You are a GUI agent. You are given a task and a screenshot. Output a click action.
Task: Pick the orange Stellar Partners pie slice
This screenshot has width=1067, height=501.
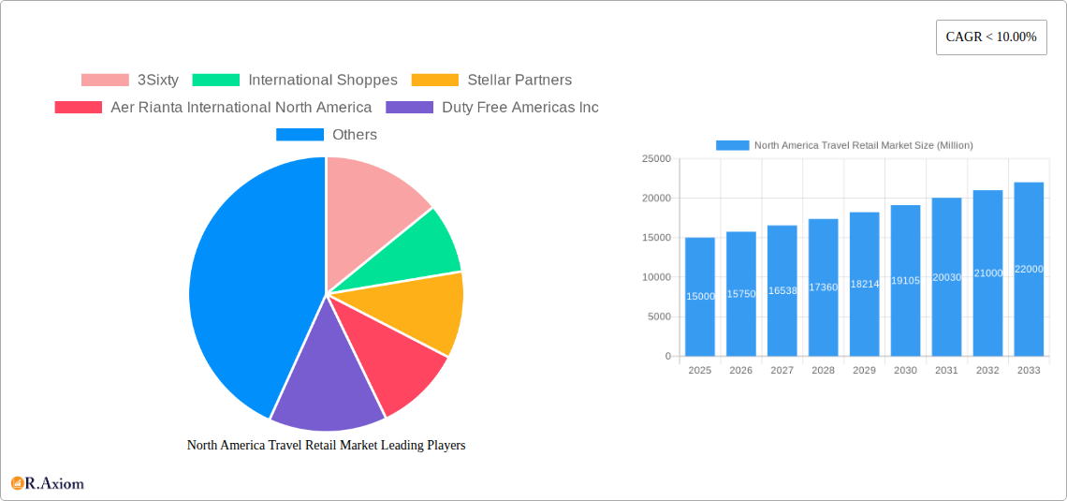421,309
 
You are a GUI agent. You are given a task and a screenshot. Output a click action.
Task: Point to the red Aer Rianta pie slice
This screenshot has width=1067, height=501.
393,361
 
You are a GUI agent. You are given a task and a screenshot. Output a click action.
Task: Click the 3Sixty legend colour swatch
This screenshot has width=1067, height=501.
105,81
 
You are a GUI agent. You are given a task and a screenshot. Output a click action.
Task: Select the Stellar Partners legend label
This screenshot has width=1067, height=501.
519,81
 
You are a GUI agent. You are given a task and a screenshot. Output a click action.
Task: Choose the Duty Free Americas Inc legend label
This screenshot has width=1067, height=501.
520,108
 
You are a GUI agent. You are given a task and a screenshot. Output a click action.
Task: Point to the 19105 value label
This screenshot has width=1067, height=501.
905,281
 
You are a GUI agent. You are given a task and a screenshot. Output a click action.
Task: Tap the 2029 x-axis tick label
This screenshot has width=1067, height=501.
864,371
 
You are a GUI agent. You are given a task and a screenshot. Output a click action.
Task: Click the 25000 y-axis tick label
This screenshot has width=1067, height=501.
655,159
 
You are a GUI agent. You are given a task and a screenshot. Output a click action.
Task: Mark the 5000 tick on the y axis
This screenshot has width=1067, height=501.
658,317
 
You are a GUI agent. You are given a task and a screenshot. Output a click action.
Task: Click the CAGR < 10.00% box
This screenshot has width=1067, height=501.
991,37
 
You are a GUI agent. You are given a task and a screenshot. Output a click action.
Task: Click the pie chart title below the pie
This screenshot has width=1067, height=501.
326,446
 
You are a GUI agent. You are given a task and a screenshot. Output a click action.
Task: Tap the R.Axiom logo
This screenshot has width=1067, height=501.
48,484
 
